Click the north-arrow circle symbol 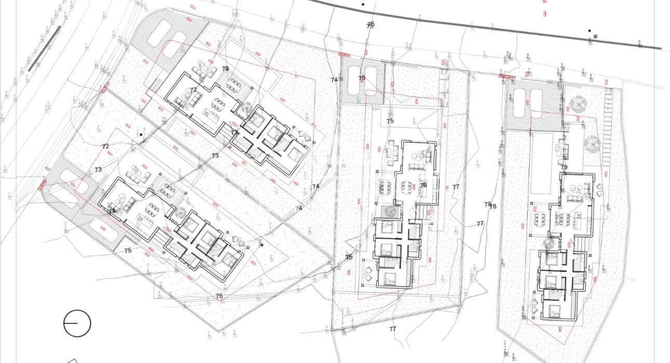[x=77, y=323]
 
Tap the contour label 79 [x=564, y=167]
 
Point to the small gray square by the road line [x=595, y=36]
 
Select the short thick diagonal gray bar [x=44, y=48]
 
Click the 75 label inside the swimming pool [x=390, y=121]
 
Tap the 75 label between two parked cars [x=362, y=78]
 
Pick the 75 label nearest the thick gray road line [x=370, y=24]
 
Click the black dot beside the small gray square [x=589, y=31]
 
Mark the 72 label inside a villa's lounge [x=193, y=90]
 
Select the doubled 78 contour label [x=490, y=205]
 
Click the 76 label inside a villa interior [x=423, y=185]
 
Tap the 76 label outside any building [x=219, y=296]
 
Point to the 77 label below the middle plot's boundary [x=393, y=329]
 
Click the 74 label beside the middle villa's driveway [x=334, y=80]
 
